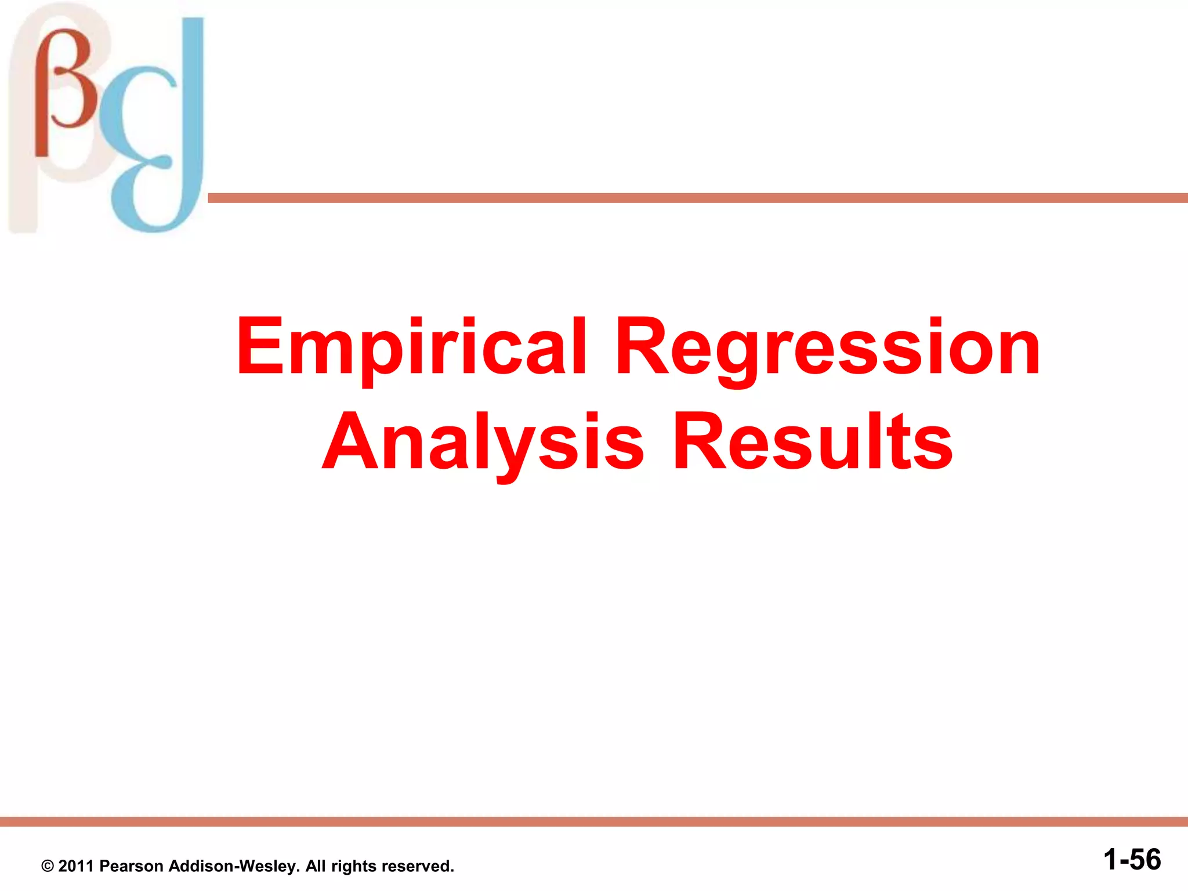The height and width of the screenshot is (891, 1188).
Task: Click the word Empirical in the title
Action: pyautogui.click(x=412, y=347)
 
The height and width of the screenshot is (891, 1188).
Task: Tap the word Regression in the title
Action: pyautogui.click(x=827, y=347)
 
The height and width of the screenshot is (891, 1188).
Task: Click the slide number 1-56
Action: pyautogui.click(x=1132, y=859)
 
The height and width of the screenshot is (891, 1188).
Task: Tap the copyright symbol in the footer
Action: pyautogui.click(x=48, y=867)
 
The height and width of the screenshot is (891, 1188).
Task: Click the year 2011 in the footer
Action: pyautogui.click(x=76, y=866)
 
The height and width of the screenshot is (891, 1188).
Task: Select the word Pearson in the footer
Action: pyautogui.click(x=132, y=866)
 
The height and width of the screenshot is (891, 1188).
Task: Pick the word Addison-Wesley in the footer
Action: pyautogui.click(x=234, y=866)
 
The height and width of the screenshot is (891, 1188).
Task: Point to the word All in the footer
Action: pyautogui.click(x=316, y=866)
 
